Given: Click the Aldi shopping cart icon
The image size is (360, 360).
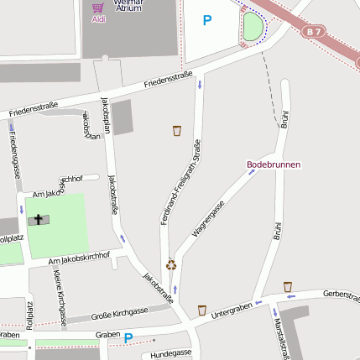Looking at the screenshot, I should [x=99, y=7].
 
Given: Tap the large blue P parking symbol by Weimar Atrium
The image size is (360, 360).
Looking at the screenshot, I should [x=207, y=20].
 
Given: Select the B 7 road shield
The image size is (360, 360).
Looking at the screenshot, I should [x=314, y=32].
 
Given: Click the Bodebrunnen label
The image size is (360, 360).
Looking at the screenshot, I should [x=273, y=164].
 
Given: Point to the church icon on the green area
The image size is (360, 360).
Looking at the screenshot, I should [x=37, y=220].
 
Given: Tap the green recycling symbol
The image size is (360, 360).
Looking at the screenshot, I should [x=171, y=264].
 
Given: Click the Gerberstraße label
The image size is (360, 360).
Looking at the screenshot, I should [x=342, y=296].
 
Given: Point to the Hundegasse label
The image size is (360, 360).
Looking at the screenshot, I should [x=171, y=353].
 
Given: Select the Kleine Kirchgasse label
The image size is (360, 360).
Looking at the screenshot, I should [x=60, y=298].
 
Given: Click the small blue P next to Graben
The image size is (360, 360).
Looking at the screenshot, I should [x=128, y=339].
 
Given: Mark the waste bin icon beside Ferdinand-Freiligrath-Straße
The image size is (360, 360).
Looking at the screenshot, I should [x=176, y=130].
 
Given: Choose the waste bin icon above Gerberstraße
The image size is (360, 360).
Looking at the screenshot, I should [x=288, y=287].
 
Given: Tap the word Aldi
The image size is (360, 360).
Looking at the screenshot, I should [x=99, y=18].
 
